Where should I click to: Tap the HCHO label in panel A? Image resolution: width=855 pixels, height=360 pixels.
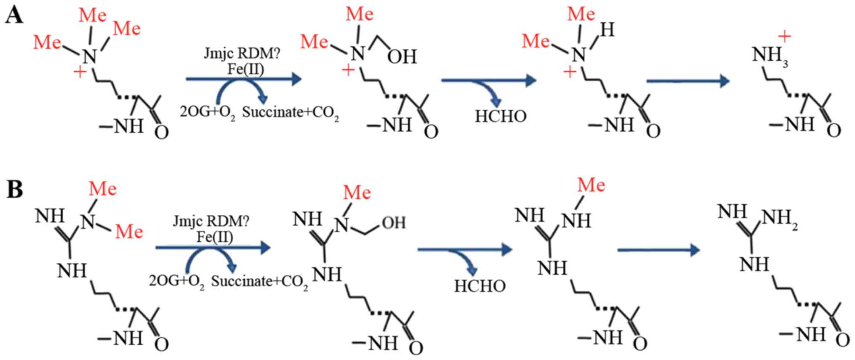pos(501,116)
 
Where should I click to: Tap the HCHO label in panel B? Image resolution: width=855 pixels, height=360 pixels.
pos(479,286)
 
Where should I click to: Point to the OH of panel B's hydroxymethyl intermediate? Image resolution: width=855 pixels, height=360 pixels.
pos(394,223)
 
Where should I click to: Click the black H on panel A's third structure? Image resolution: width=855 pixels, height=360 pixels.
pos(607,30)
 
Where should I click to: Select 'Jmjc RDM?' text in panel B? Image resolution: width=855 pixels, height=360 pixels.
pos(211,221)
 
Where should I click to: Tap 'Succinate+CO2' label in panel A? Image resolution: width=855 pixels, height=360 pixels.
pos(290,112)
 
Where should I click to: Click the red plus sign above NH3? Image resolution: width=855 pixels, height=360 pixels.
pos(784,37)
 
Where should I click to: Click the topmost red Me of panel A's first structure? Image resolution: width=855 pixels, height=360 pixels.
pos(93,16)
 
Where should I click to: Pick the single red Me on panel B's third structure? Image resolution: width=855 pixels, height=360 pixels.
pos(591,185)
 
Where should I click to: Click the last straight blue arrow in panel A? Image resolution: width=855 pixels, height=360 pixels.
pos(688,81)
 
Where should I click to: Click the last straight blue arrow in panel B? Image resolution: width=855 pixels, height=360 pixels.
pos(658,251)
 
